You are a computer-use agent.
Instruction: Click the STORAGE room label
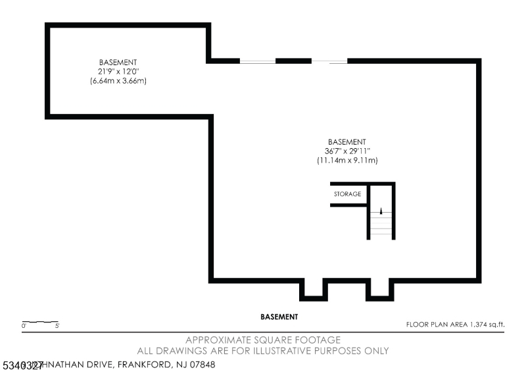[x=347, y=194]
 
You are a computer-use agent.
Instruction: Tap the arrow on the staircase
[x=380, y=211]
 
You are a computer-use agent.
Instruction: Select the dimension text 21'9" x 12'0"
[x=118, y=71]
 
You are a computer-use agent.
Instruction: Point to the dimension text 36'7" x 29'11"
[x=347, y=151]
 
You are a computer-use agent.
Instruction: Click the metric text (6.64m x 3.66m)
[x=118, y=80]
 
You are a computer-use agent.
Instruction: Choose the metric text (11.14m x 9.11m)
[x=347, y=160]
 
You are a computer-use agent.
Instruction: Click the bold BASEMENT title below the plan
[x=279, y=317]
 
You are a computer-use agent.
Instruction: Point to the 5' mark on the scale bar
[x=58, y=326]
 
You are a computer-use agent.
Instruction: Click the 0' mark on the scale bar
[x=24, y=326]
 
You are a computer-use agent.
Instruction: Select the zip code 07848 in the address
[x=201, y=364]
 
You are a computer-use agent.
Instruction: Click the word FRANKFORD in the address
[x=145, y=364]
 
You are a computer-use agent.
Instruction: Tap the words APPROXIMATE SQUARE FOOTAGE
[x=263, y=340]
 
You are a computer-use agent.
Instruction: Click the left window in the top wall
[x=257, y=61]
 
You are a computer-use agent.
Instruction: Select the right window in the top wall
[x=329, y=61]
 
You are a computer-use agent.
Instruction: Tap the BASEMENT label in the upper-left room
[x=118, y=62]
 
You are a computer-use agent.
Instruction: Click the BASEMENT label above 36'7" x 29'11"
[x=347, y=142]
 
